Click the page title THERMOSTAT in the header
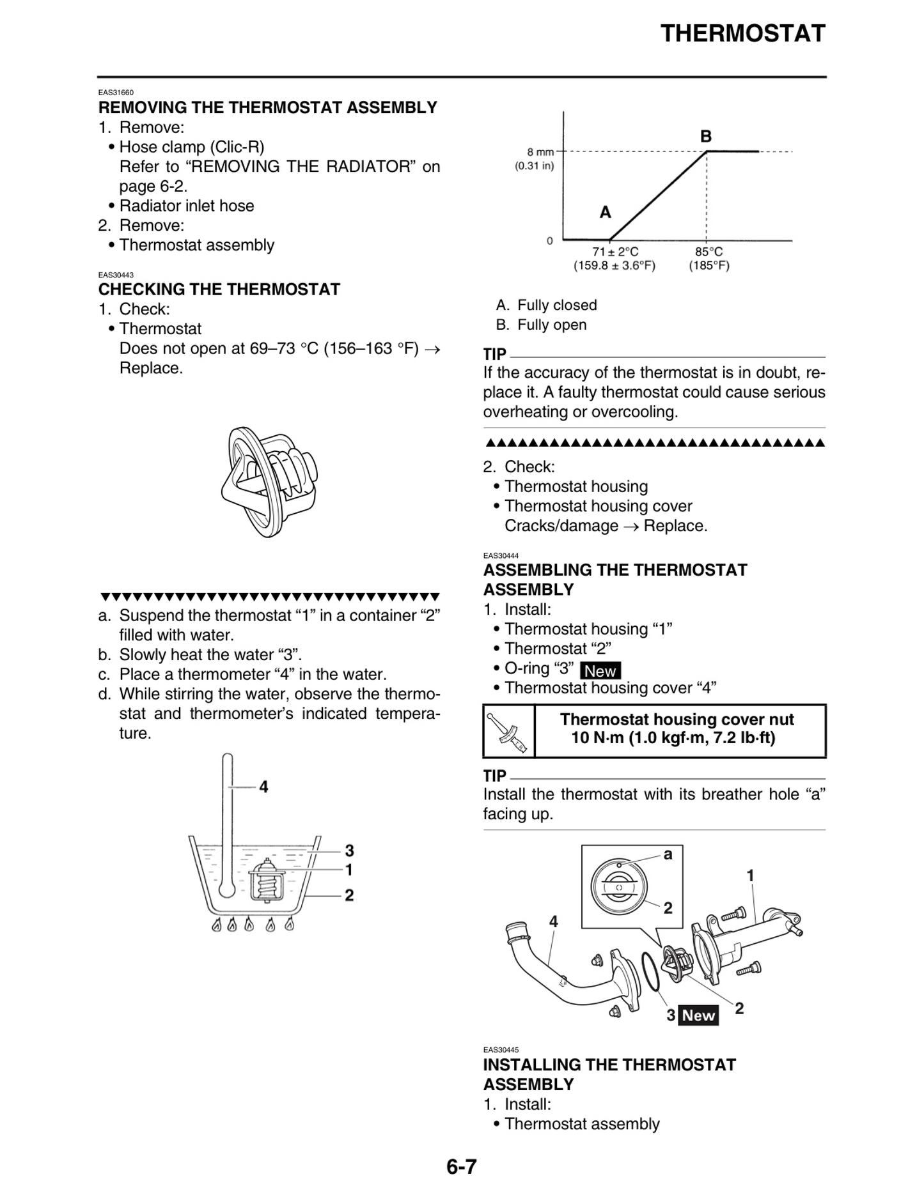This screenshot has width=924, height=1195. (x=742, y=33)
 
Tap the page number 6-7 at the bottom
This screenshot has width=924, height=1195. (x=462, y=1167)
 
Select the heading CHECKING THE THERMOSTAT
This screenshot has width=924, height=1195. (x=219, y=289)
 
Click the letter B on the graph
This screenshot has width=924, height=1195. (x=706, y=136)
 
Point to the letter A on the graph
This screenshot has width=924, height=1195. (x=605, y=212)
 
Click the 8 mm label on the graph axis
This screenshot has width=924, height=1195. (x=540, y=152)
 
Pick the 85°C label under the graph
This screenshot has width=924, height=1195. (x=709, y=252)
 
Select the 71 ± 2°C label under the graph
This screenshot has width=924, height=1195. (x=615, y=252)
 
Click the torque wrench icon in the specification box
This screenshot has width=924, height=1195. (x=508, y=731)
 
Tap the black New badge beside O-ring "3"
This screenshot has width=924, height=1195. (x=600, y=671)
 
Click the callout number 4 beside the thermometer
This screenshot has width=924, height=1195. (x=263, y=787)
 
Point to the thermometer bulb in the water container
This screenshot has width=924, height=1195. (x=226, y=888)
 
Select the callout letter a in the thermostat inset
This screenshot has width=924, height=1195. (x=668, y=854)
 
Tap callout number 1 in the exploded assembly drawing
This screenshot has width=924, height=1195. (x=751, y=875)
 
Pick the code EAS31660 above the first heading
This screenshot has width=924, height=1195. (x=116, y=93)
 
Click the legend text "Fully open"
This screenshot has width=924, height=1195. (x=551, y=325)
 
